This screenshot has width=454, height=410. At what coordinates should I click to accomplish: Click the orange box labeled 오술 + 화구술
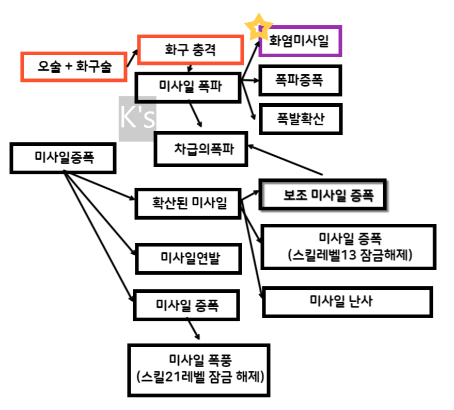click(x=74, y=67)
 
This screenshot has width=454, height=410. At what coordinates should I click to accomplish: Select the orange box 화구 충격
click(x=190, y=51)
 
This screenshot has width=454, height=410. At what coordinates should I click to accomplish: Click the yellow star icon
click(x=258, y=27)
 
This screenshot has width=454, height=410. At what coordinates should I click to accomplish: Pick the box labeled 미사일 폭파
click(x=187, y=87)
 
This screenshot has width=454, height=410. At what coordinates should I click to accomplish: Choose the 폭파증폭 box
click(x=300, y=81)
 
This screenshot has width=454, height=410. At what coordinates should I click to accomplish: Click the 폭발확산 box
click(x=300, y=120)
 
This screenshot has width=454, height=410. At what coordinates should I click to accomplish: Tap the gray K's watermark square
click(x=137, y=119)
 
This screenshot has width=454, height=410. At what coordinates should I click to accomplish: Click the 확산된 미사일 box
click(x=188, y=203)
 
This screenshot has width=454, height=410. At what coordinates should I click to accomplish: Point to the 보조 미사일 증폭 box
click(x=323, y=195)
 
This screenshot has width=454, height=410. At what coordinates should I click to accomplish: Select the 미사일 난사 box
click(x=347, y=302)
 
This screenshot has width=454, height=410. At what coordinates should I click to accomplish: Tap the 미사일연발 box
click(x=188, y=258)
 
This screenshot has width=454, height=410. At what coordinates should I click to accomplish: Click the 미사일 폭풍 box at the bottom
click(x=199, y=371)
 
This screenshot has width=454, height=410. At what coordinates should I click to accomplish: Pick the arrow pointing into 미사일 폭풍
click(x=193, y=329)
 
